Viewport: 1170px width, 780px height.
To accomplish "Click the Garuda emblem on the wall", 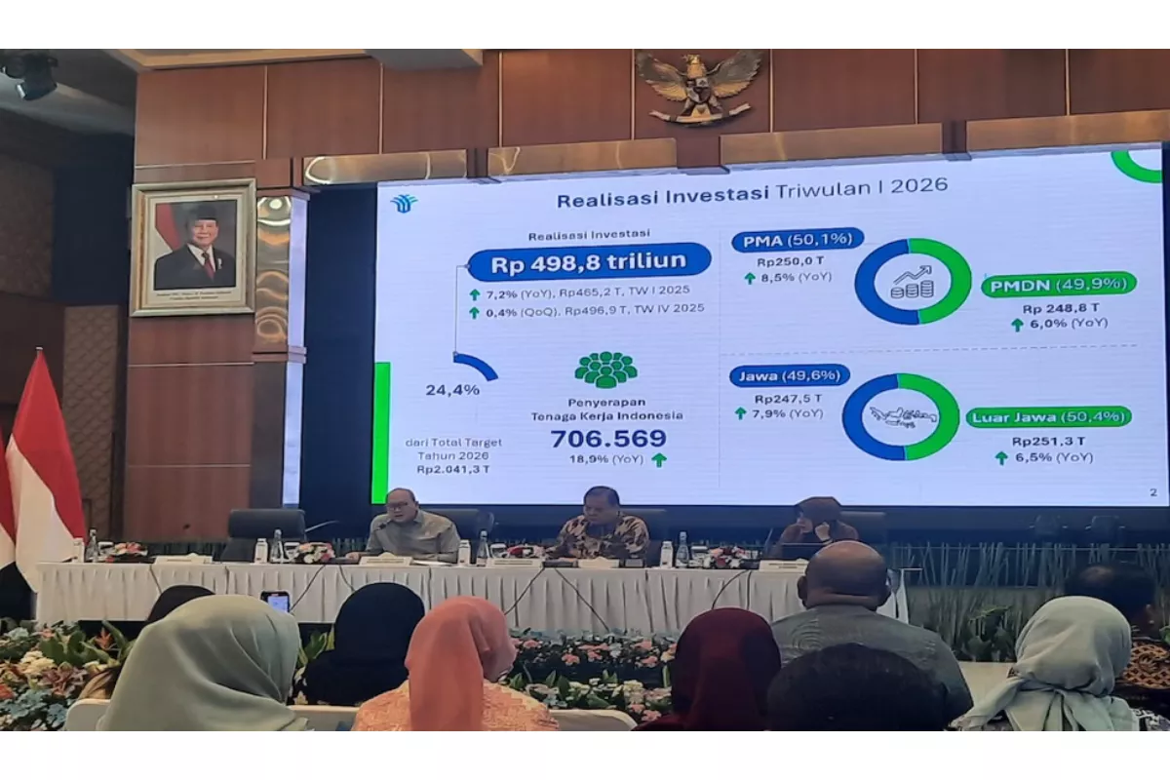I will coord(698,86).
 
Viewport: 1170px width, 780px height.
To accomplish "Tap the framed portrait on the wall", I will coord(194,247).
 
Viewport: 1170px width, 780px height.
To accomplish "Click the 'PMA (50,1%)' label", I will coord(798,239).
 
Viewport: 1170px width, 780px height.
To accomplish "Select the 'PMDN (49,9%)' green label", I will coord(1058,285).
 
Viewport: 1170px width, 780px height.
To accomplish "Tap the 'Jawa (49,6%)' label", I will coord(789,375).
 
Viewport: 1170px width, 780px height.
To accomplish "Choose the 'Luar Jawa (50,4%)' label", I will coord(1049,417).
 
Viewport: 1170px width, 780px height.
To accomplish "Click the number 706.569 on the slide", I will coord(608,439).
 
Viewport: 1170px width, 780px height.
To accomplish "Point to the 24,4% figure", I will coord(451,390).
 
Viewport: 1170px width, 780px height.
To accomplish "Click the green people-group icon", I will coord(605,370).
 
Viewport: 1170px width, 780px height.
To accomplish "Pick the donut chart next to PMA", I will coord(913,281).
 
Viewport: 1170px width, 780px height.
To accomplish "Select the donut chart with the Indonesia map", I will coord(901,416).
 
